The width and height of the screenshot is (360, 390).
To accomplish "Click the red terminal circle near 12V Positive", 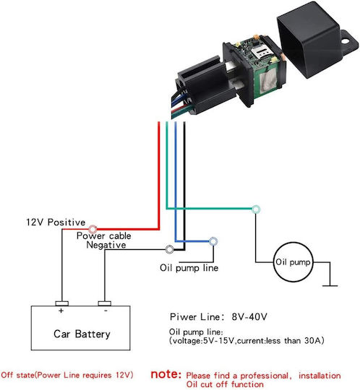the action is click(93, 229).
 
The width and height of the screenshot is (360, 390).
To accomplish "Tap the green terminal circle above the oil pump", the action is click(256, 209).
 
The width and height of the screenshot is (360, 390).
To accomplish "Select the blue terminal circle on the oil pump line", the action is click(213, 241).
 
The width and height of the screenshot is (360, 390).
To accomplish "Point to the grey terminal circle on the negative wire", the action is click(170, 249).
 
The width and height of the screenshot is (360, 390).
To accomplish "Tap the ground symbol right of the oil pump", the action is click(330, 286).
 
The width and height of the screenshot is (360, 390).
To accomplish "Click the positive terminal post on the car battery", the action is click(61, 303).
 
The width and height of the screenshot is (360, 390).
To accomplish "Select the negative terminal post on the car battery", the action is click(105, 303).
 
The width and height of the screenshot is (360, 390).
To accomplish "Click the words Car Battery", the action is click(82, 334).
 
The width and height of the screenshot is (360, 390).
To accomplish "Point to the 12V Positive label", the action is click(56, 222).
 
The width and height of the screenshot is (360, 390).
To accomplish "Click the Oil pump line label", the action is click(189, 268).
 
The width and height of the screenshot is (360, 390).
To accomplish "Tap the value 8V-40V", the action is click(249, 316).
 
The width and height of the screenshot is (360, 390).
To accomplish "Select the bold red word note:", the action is click(166, 374).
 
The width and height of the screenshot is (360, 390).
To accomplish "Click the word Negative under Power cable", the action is click(106, 245).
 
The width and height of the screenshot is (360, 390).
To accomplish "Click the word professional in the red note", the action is click(265, 376).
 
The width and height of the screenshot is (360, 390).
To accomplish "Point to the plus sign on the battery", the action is click(61, 311).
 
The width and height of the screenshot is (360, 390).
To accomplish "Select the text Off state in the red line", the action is click(17, 375).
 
